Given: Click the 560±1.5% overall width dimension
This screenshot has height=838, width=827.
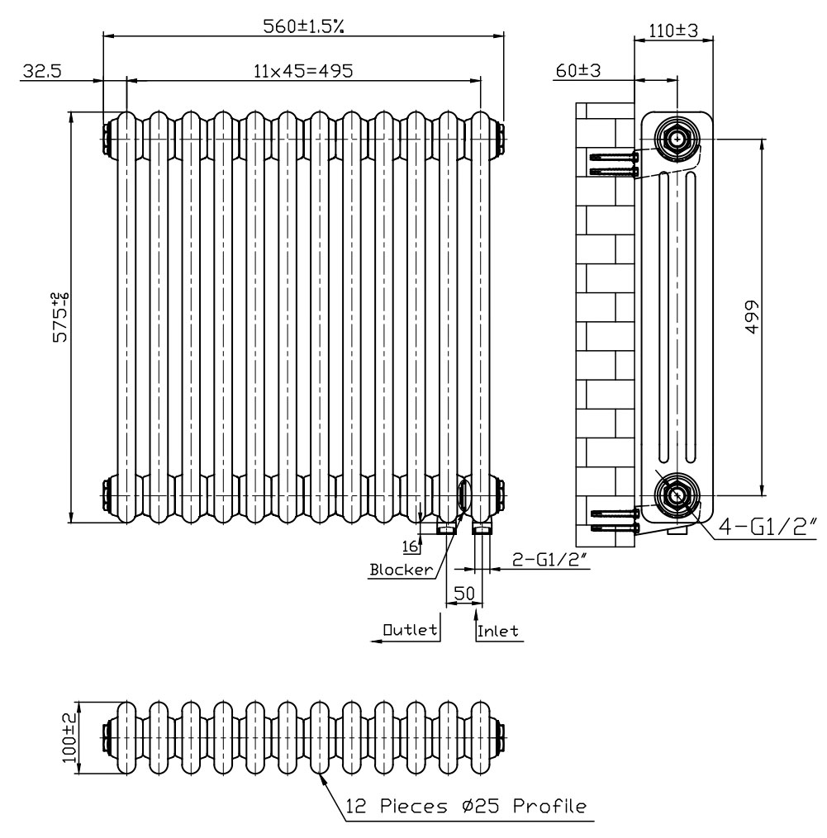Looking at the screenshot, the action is [303, 26].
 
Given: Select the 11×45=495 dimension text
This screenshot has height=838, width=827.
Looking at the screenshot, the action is [303, 70].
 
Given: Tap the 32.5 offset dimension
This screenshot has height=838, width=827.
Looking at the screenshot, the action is [42, 70].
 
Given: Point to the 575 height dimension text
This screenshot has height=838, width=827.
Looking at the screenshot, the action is [60, 317].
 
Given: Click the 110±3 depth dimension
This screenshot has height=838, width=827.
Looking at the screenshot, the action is [673, 31].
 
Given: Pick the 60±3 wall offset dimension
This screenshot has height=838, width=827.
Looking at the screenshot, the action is [578, 70].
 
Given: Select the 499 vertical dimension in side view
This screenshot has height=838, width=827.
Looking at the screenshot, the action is [752, 317].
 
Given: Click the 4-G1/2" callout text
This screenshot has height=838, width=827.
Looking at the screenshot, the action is [768, 527].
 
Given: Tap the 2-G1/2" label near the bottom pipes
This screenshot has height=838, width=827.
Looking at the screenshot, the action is [550, 560].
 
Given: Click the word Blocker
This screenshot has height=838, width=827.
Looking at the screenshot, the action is [402, 570].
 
